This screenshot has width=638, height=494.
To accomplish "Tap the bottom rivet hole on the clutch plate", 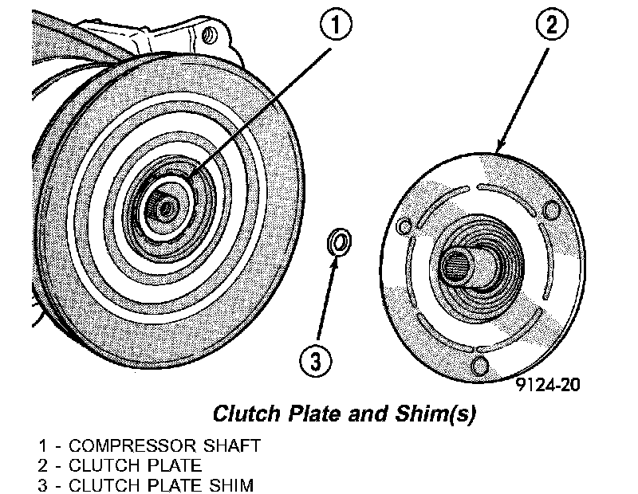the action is click(x=480, y=365).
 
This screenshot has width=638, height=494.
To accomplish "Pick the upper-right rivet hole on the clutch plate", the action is click(x=549, y=209).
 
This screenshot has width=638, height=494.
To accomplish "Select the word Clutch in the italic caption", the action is click(x=242, y=415).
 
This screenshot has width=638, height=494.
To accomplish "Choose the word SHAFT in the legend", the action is click(x=230, y=445).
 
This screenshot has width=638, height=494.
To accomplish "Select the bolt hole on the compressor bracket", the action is click(x=209, y=36).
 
